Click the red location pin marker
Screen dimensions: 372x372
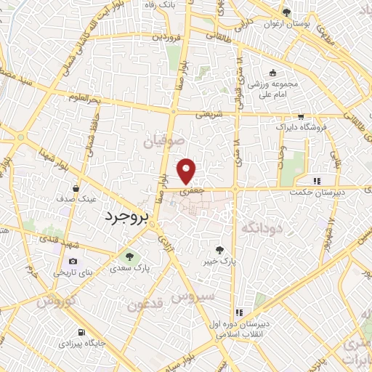pos(187,171)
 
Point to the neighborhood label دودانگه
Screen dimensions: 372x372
pos(261,228)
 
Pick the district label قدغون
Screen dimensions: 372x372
pos(146,304)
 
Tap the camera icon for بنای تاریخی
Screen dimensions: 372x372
pos(73,262)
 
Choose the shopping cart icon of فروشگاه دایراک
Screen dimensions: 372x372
pos(301,117)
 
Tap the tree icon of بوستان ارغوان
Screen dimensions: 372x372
pos(286,12)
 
